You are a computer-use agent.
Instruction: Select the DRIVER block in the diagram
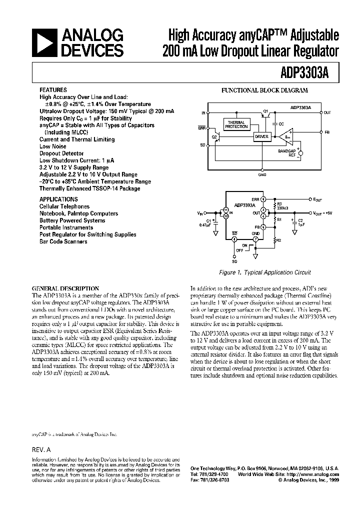point(261,136)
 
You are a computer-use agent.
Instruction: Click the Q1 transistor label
point(265,110)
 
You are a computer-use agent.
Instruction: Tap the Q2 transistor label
point(214,136)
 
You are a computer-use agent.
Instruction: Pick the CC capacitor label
point(281,123)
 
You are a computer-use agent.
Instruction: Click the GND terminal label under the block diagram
point(262,175)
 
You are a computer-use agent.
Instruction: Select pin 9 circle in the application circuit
point(263,199)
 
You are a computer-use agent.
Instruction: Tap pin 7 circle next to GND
point(255,239)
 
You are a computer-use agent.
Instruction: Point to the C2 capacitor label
point(300,219)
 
